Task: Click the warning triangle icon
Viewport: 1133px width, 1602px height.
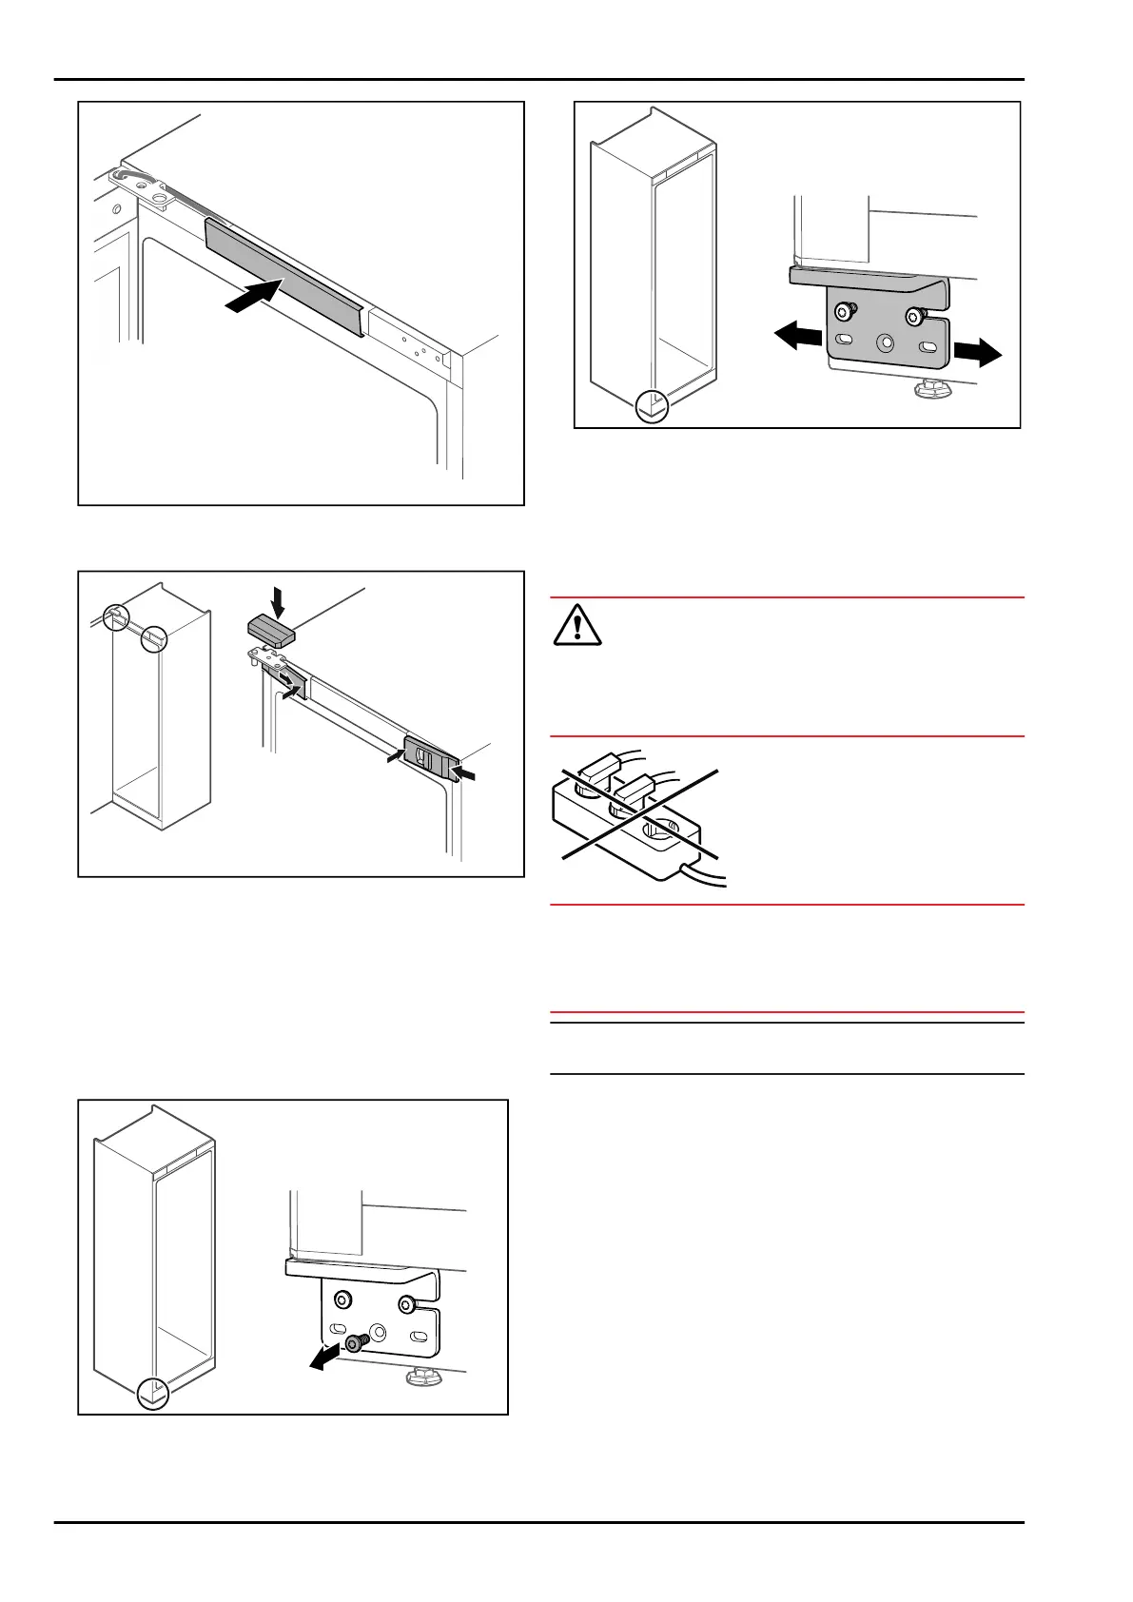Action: (x=577, y=625)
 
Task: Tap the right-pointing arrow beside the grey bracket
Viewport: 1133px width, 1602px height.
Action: (x=977, y=354)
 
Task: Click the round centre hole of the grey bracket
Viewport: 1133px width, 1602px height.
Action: (x=887, y=341)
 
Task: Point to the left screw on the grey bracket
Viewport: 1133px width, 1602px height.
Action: (x=844, y=311)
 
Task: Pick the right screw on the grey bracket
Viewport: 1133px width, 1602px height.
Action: (x=916, y=316)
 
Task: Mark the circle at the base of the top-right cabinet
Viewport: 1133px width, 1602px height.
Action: (x=652, y=406)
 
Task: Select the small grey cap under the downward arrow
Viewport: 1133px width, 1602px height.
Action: (x=272, y=630)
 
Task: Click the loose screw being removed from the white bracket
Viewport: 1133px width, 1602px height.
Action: (x=355, y=1342)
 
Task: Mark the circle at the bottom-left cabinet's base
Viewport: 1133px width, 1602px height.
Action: (x=152, y=1394)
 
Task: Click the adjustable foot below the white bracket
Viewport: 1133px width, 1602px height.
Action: (x=420, y=1376)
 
